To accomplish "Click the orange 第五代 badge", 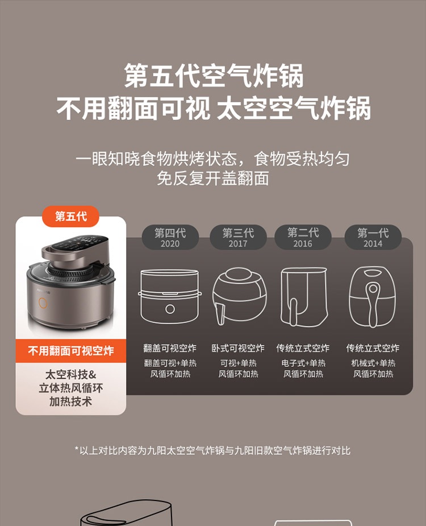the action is pyautogui.click(x=70, y=217).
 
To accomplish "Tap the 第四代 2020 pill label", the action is pyautogui.click(x=170, y=238).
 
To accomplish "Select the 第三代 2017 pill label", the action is pyautogui.click(x=239, y=238).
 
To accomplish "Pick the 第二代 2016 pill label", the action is pyautogui.click(x=303, y=238).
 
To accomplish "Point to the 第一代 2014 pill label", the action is pyautogui.click(x=373, y=238).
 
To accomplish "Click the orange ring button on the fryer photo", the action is pyautogui.click(x=43, y=303).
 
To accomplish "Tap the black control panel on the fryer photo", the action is pyautogui.click(x=81, y=243).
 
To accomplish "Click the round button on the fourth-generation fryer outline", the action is pyautogui.click(x=170, y=309).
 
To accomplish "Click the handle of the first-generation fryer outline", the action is pyautogui.click(x=373, y=304).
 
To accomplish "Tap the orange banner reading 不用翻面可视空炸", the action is pyautogui.click(x=71, y=351).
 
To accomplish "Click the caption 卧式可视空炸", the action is pyautogui.click(x=238, y=348).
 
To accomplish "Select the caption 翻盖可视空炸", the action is pyautogui.click(x=170, y=348).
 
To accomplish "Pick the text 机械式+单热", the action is pyautogui.click(x=373, y=363).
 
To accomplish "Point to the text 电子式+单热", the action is pyautogui.click(x=303, y=363).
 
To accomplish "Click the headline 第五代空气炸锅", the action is pyautogui.click(x=214, y=76).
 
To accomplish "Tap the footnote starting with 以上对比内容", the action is pyautogui.click(x=212, y=450).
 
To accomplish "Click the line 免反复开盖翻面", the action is pyautogui.click(x=213, y=178).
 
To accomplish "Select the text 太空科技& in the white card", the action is pyautogui.click(x=71, y=374).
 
